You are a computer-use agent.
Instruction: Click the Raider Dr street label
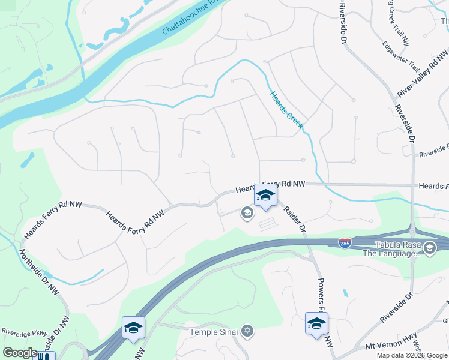(x=295, y=220)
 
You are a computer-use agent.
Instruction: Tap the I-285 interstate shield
(x=344, y=243)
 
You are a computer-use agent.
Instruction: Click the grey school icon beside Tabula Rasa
(x=429, y=247)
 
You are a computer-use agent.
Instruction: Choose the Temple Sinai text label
(x=215, y=332)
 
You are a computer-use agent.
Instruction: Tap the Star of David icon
(x=247, y=331)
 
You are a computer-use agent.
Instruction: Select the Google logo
(x=20, y=353)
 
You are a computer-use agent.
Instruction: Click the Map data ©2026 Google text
(x=411, y=355)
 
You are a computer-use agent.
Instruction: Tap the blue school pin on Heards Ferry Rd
(x=265, y=196)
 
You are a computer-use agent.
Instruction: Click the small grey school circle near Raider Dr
(x=246, y=212)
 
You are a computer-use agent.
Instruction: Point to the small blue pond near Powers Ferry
(x=346, y=294)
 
